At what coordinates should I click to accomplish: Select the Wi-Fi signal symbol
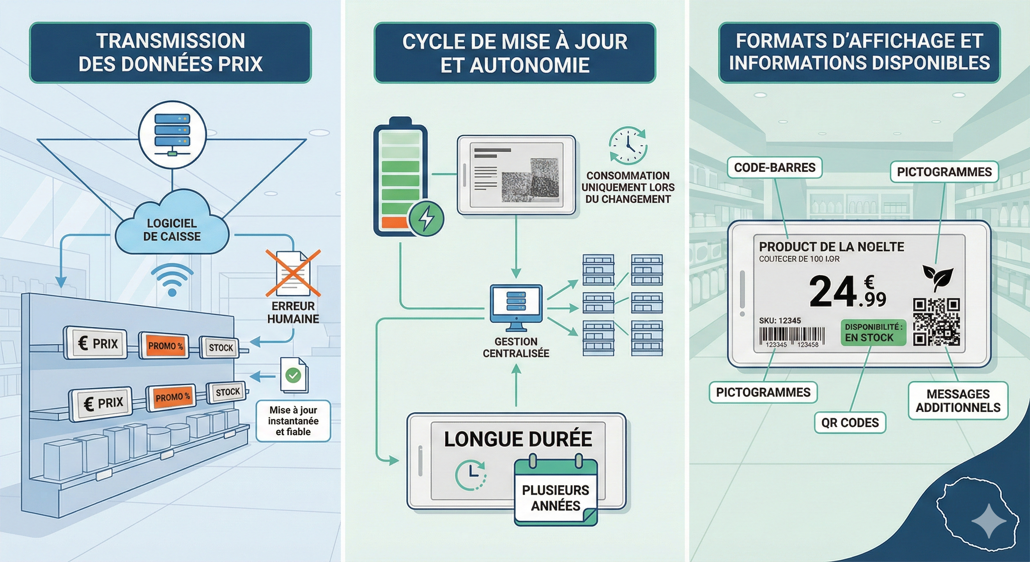172,280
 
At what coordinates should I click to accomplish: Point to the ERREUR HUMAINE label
293,312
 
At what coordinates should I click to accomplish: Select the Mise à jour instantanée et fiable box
293,421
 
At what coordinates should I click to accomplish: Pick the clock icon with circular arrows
628,146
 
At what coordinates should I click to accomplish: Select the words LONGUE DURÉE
518,439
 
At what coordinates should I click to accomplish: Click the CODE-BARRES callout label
774,167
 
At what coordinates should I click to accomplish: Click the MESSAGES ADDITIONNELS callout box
958,401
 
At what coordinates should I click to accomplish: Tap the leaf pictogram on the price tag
937,276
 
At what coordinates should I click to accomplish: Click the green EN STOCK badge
874,332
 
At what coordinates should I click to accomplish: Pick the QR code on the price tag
936,322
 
